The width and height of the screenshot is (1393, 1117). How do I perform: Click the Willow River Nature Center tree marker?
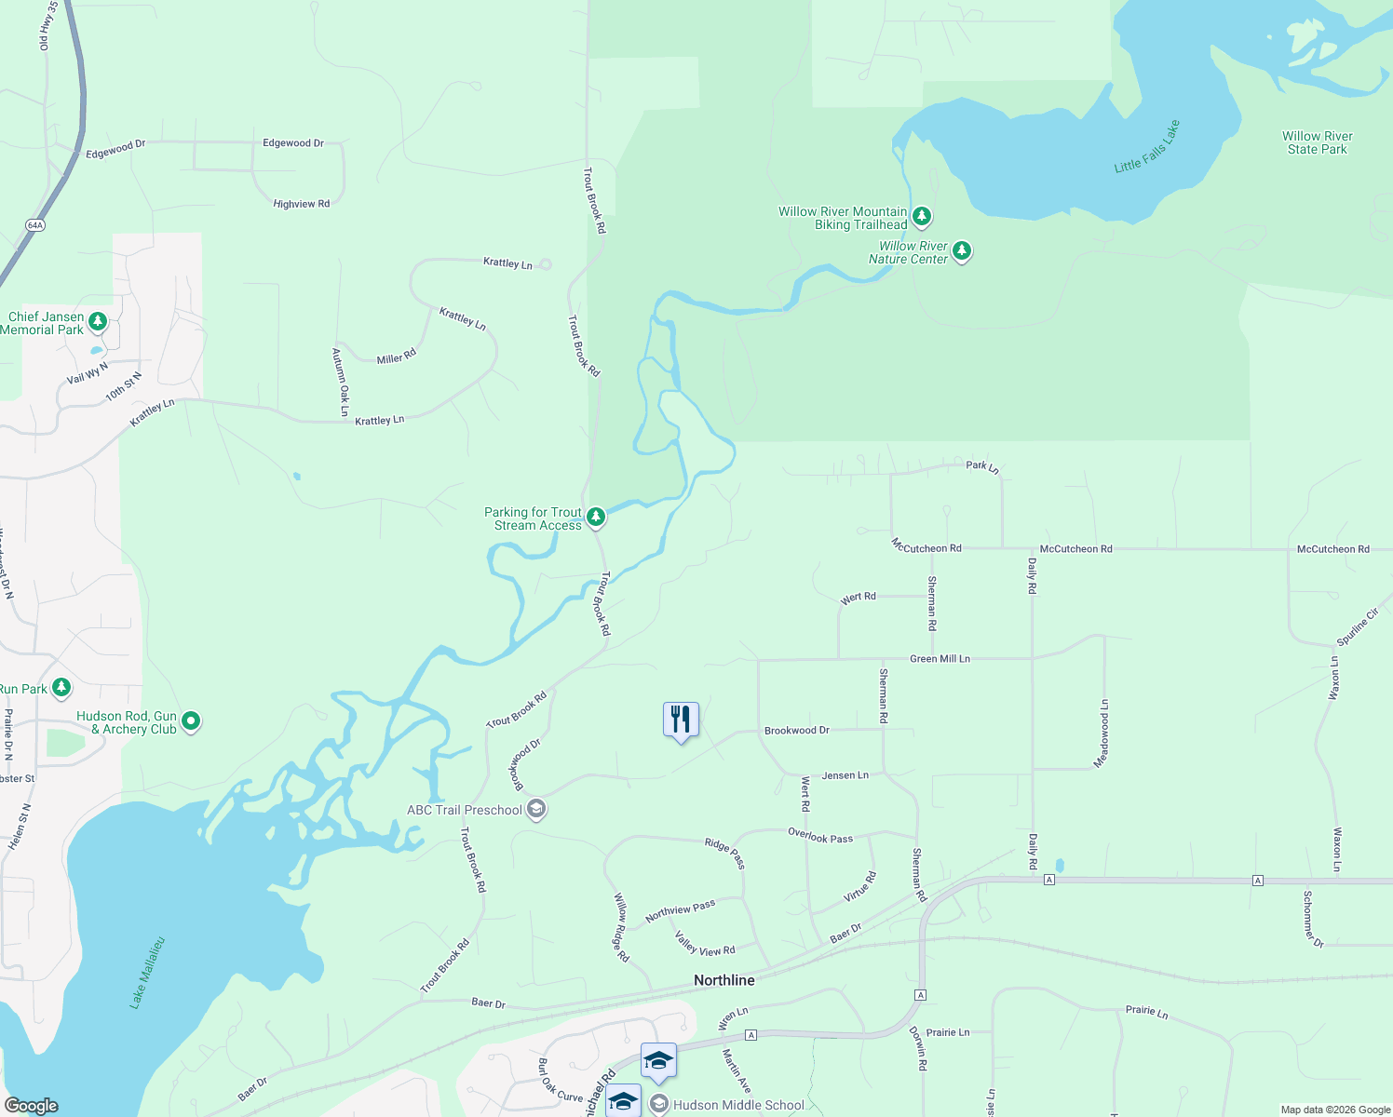pos(962,251)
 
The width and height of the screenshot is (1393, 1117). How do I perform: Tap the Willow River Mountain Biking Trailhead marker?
pos(922,217)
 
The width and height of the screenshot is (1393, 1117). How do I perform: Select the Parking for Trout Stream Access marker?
pos(596,517)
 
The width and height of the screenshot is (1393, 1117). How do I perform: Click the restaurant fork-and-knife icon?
pos(681,719)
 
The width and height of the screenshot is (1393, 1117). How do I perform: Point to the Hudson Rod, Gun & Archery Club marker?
pos(191,721)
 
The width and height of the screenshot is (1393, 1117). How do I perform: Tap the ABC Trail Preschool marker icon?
pos(536,809)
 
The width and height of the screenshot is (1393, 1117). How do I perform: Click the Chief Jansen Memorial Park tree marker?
pos(98,322)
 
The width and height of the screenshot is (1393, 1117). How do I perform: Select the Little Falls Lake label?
pos(1147,146)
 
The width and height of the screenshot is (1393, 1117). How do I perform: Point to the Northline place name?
pos(724,980)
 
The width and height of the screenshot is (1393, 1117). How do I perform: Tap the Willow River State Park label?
pos(1317,142)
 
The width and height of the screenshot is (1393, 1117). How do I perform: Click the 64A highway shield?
pos(35,225)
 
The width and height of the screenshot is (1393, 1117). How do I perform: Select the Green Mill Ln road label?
pos(940,659)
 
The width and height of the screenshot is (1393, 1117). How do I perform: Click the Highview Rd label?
pos(301,204)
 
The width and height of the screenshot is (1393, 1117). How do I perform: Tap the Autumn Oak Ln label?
pos(341,382)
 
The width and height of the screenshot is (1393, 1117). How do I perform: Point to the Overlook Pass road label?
pos(820,837)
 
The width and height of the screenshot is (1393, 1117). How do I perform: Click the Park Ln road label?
pos(982,466)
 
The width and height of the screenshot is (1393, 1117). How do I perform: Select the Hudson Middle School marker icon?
pos(659,1105)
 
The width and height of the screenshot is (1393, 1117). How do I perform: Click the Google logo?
pos(31,1106)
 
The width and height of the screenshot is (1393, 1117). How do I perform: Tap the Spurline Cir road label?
pos(1358,627)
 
